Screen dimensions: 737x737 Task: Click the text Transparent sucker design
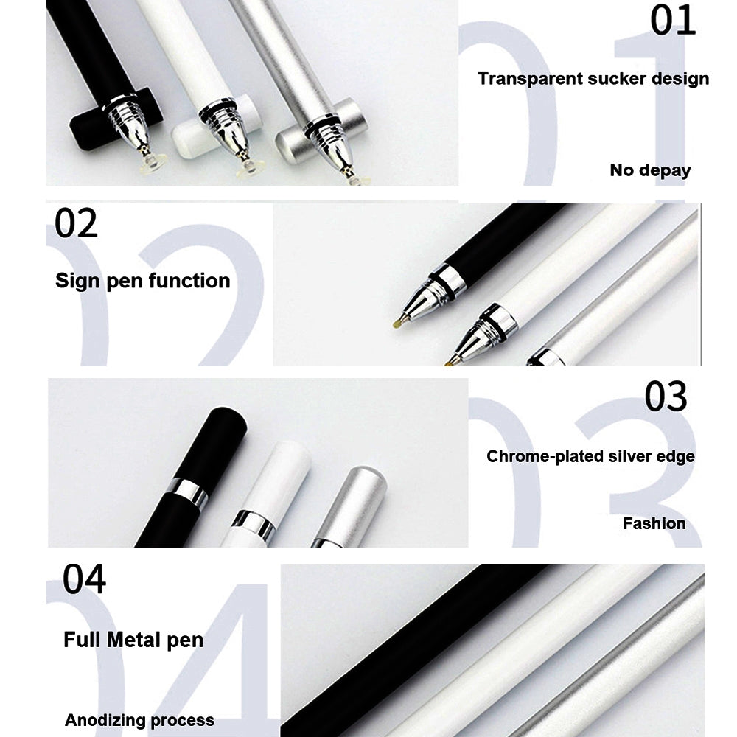click(593, 79)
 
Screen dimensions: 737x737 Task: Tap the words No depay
click(650, 170)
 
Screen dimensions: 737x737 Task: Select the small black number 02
click(76, 223)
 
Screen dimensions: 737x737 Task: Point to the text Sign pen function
click(142, 281)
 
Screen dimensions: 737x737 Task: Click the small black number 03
click(666, 397)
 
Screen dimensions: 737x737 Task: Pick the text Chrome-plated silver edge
click(590, 457)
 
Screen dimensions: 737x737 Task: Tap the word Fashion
click(654, 524)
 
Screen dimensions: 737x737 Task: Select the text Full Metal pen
click(133, 640)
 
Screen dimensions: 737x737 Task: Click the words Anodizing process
click(139, 720)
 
